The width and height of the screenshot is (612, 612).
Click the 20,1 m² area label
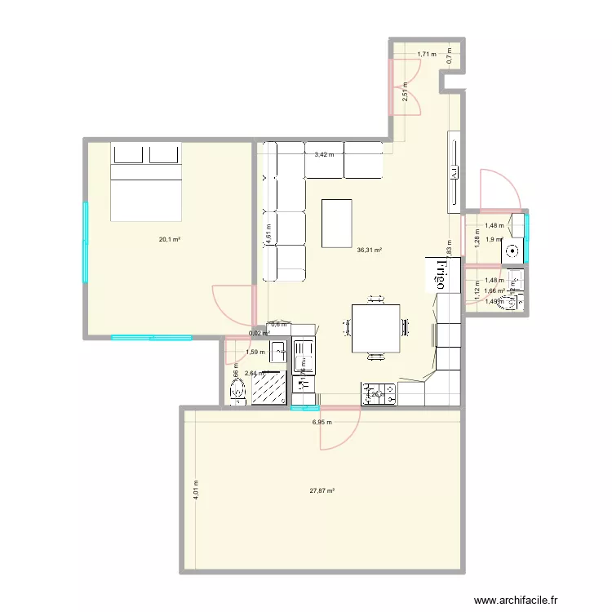(170, 240)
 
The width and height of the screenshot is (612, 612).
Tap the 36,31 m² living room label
(370, 251)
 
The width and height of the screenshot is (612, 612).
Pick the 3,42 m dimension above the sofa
(325, 153)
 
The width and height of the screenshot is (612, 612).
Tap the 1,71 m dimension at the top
(427, 55)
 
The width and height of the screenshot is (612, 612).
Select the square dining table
(376, 328)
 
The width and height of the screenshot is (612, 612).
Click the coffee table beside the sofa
(339, 222)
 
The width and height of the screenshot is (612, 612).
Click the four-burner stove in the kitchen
(379, 394)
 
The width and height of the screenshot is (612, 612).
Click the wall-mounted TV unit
(453, 172)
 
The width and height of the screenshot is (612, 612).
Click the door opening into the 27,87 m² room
(339, 428)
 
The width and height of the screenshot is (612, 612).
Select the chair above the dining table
(376, 297)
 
